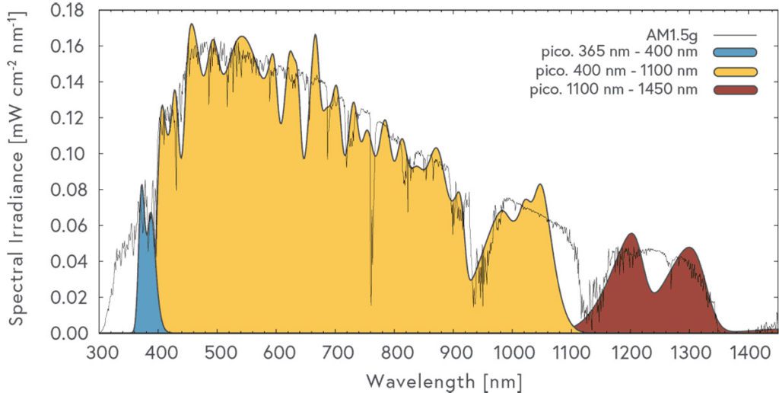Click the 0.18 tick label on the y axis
[x=69, y=11]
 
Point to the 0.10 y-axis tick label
[x=69, y=154]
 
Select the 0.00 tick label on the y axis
[x=69, y=334]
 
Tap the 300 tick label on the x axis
[x=100, y=352]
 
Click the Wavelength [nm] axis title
[x=444, y=379]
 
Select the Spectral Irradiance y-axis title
[x=17, y=171]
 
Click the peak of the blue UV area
[x=141, y=186]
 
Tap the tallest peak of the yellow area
[x=192, y=25]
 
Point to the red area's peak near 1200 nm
[x=631, y=235]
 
